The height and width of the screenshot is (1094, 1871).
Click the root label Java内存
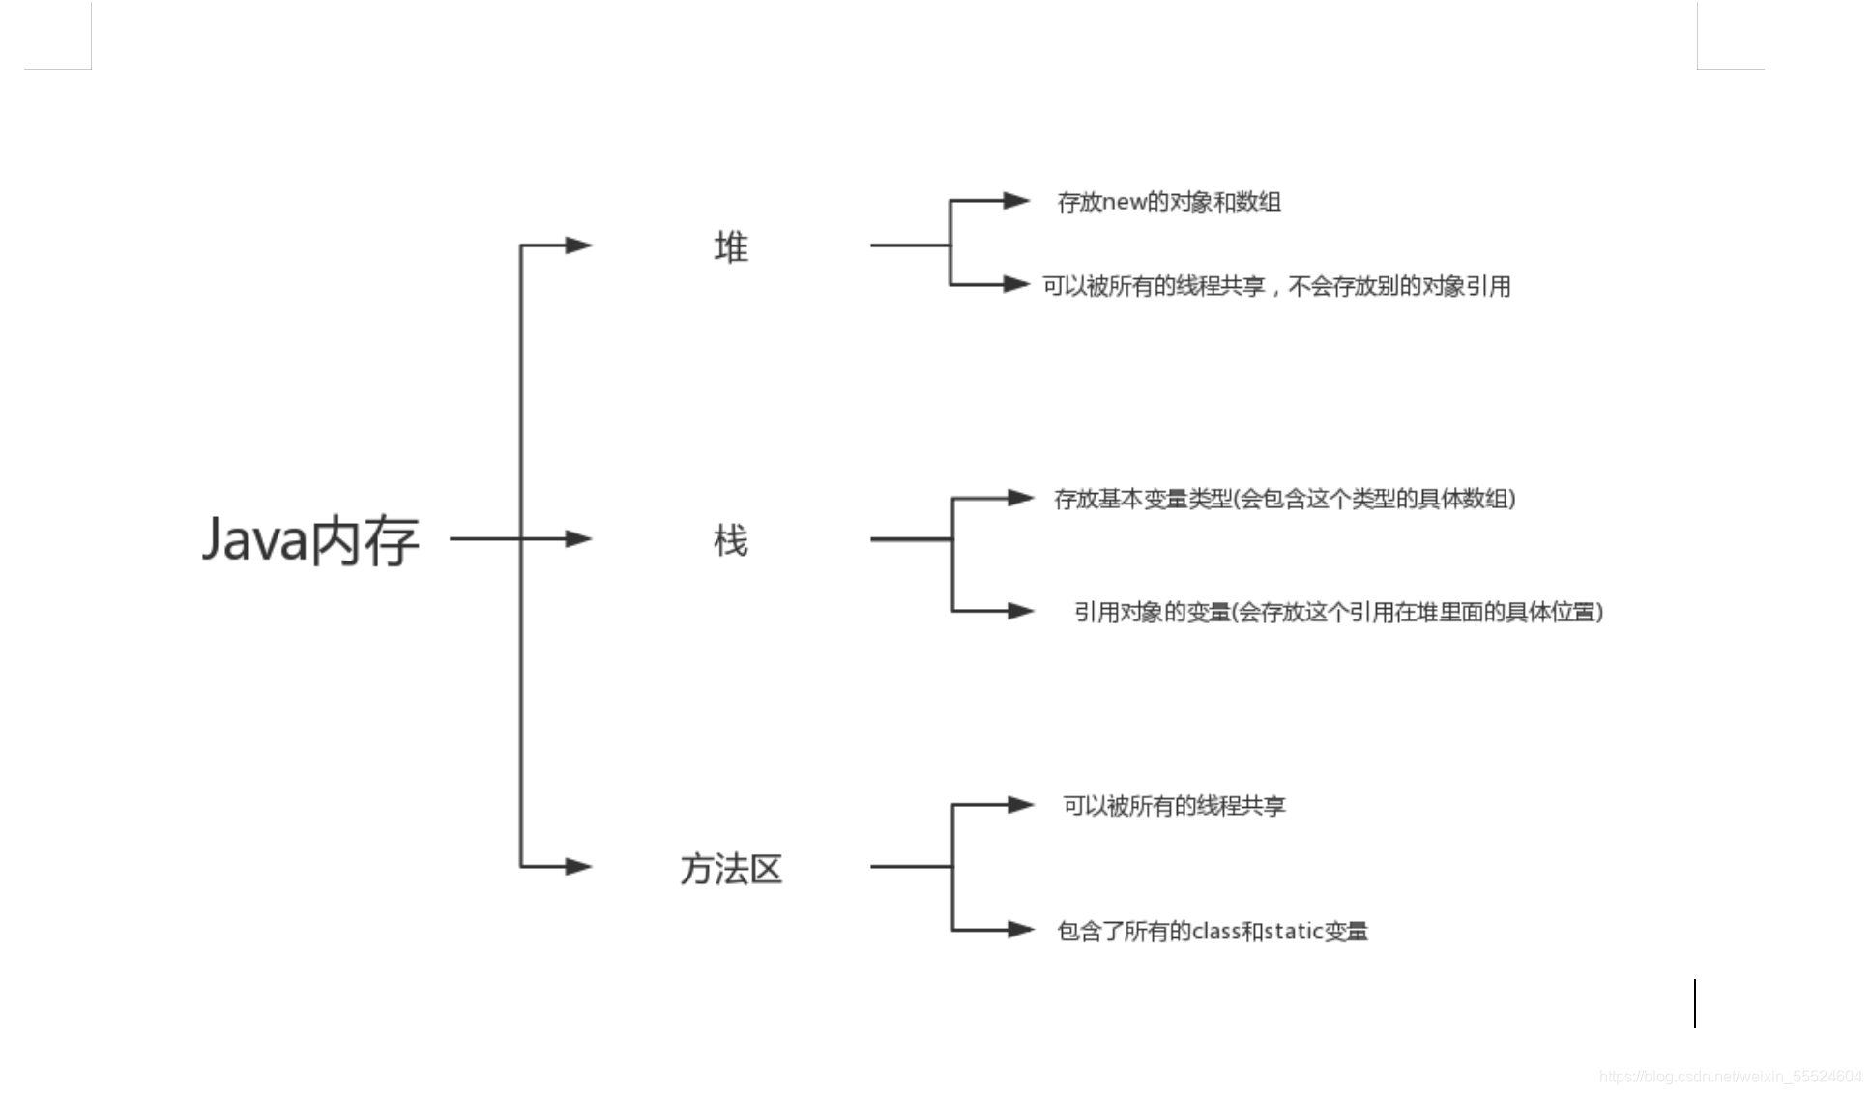(310, 539)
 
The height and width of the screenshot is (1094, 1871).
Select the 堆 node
(731, 247)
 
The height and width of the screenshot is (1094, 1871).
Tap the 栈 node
(731, 540)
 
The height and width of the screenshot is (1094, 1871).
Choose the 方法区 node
(731, 869)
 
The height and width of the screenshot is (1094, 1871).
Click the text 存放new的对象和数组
(1169, 202)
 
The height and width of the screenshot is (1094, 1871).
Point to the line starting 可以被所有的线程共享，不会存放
(1276, 286)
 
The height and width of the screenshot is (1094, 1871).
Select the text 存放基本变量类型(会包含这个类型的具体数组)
(1285, 499)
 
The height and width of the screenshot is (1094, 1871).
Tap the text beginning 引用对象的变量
(1338, 612)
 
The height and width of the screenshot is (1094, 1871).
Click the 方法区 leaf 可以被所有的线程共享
(1174, 806)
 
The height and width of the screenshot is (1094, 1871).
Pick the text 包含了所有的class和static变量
(1213, 931)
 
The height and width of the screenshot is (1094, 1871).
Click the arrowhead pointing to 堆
(578, 245)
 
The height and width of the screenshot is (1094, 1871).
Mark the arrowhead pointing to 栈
(578, 538)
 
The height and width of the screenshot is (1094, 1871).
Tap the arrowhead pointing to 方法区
(578, 866)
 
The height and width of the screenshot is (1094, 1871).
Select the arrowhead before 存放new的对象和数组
(1016, 201)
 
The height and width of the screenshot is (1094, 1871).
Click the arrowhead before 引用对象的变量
(1020, 611)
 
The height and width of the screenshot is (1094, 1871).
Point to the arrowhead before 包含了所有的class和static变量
(1020, 930)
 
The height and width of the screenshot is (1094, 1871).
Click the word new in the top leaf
(1125, 203)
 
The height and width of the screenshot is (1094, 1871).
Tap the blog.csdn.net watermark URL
(1730, 1077)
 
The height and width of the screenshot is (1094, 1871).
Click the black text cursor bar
(1695, 1003)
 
